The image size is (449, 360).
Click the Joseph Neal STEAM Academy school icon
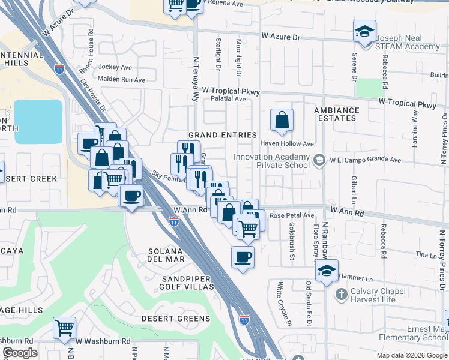[x=364, y=31]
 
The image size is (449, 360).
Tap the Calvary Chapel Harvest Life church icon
[x=341, y=294]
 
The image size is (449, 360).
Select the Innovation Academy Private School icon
[x=319, y=160]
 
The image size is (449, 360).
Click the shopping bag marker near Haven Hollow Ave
[x=282, y=120]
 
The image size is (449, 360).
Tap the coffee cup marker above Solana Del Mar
[x=243, y=257]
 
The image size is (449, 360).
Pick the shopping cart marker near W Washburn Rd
[x=64, y=328]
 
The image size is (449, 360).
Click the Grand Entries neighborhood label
[x=222, y=135]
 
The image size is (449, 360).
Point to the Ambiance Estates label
[x=337, y=114]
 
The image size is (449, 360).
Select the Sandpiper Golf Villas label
[x=187, y=283]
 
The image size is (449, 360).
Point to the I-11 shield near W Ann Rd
[x=173, y=221]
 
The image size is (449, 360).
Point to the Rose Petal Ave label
[x=292, y=215]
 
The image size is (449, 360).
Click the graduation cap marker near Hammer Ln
[x=327, y=271]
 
